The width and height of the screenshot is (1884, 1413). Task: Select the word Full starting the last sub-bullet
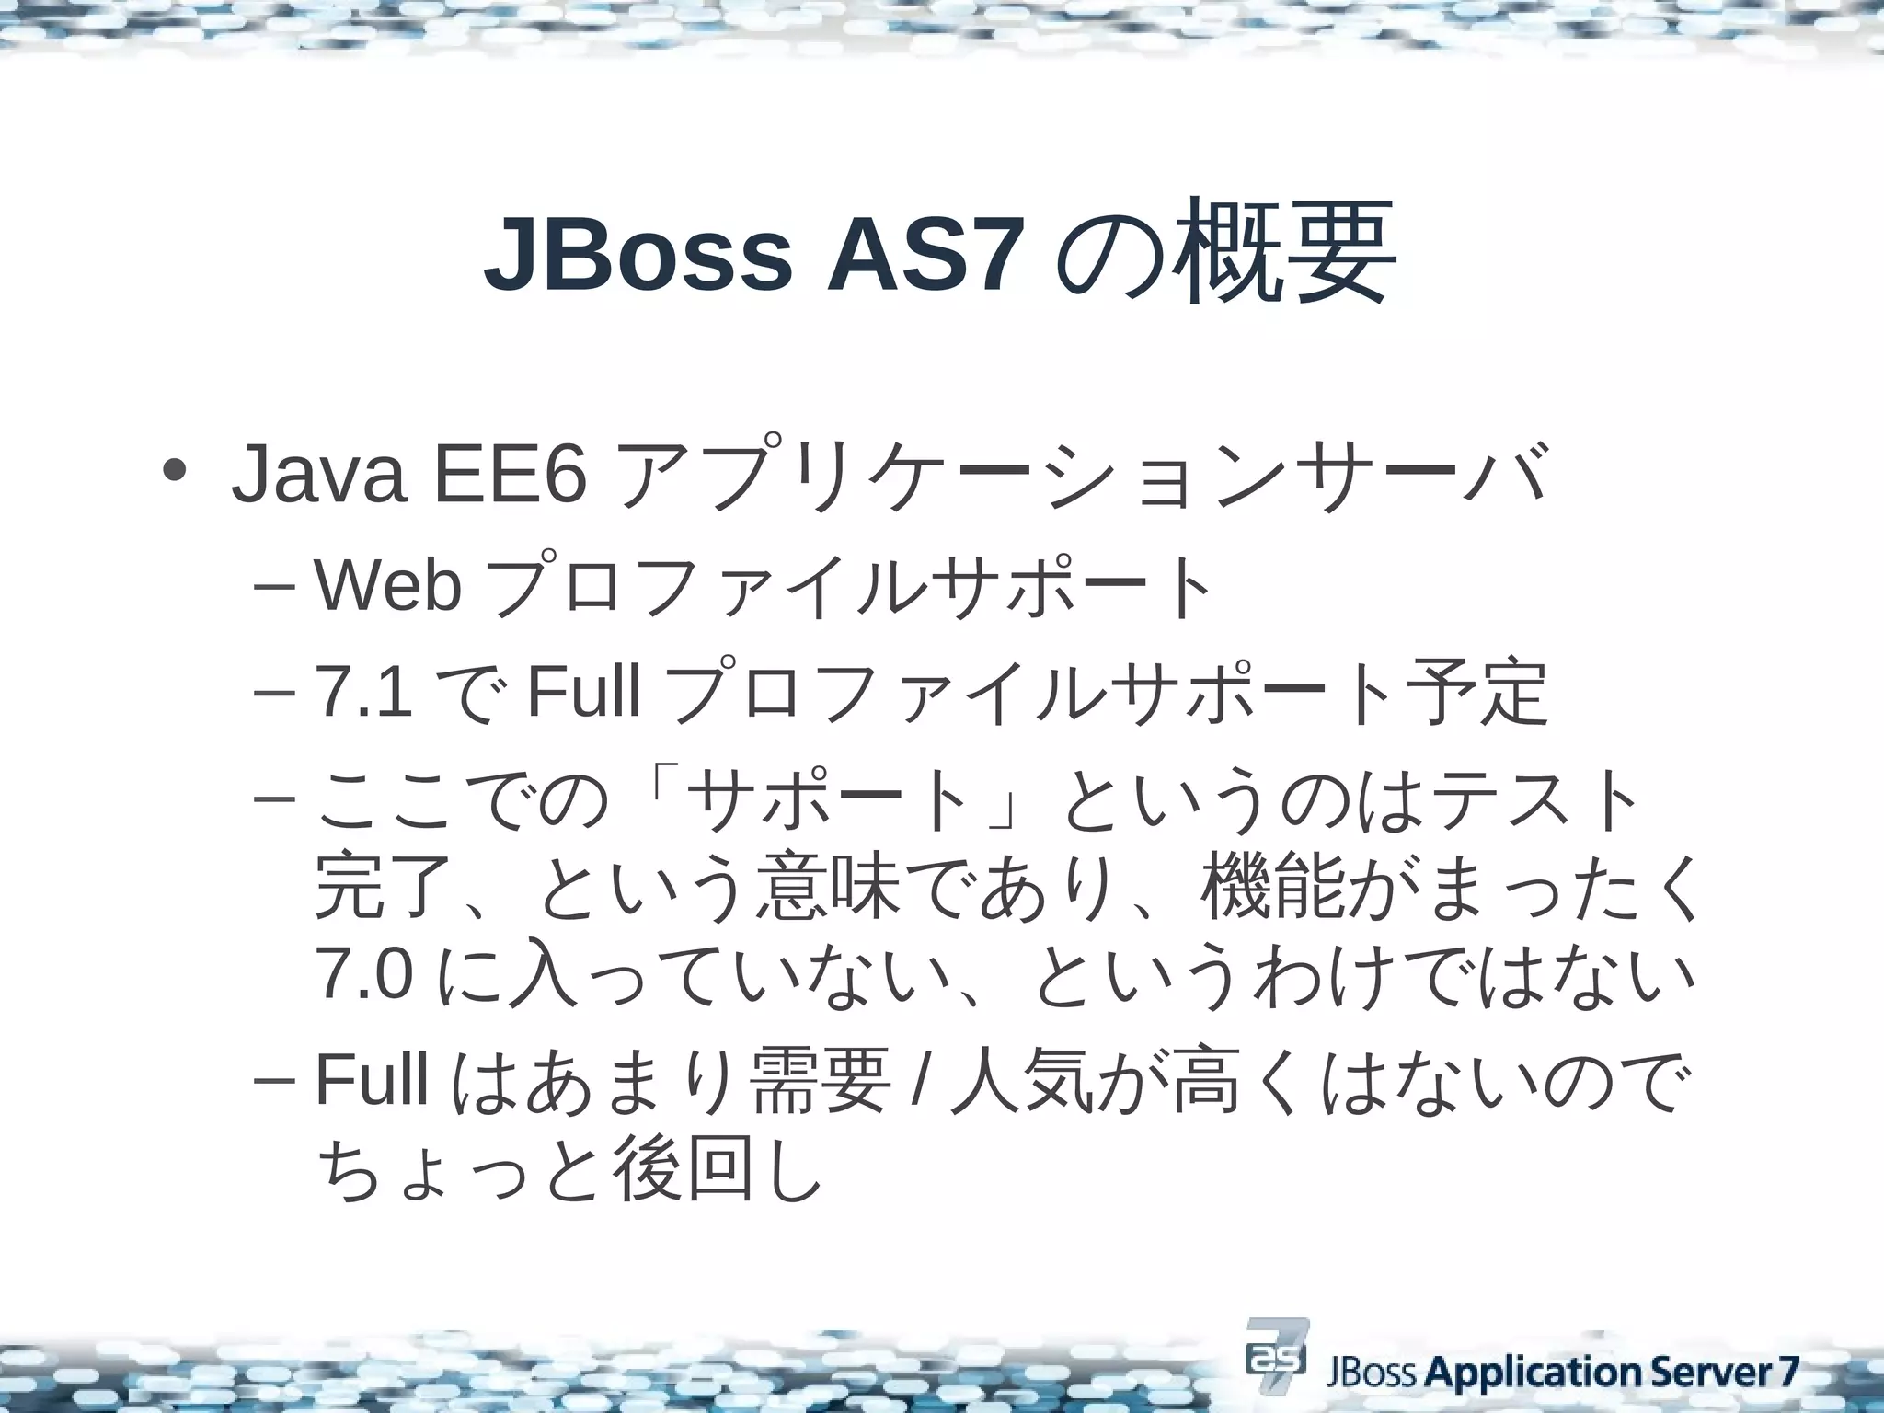[x=372, y=1080]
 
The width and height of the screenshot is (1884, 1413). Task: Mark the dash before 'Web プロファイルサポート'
[x=272, y=588]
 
